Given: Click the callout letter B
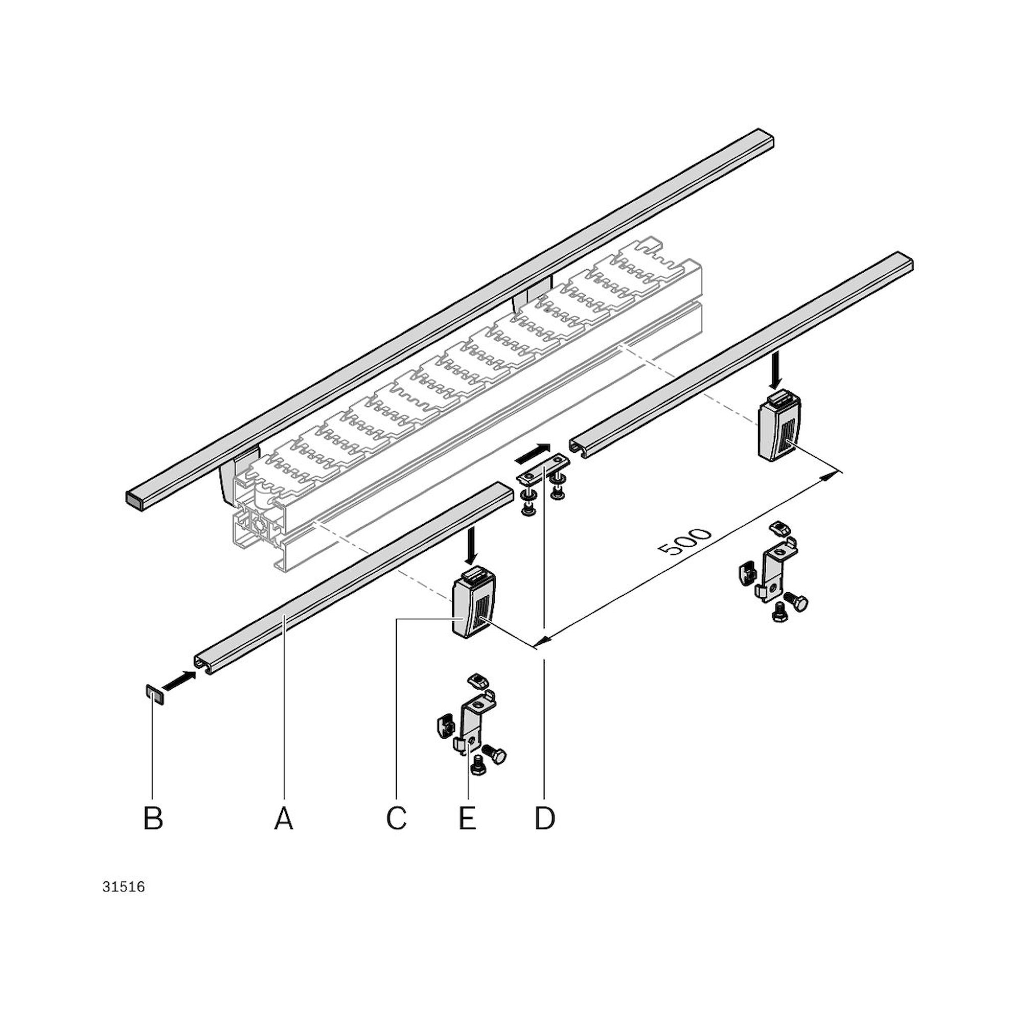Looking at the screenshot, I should click(x=153, y=819).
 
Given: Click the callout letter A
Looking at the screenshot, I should click(x=284, y=819).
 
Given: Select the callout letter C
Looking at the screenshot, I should click(x=396, y=819).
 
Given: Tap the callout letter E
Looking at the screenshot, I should click(x=467, y=819).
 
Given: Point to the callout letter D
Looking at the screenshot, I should click(x=544, y=819).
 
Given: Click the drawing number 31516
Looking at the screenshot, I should click(x=124, y=887).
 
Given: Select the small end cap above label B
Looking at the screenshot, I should click(x=155, y=694).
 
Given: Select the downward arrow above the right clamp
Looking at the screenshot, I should click(x=776, y=370).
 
